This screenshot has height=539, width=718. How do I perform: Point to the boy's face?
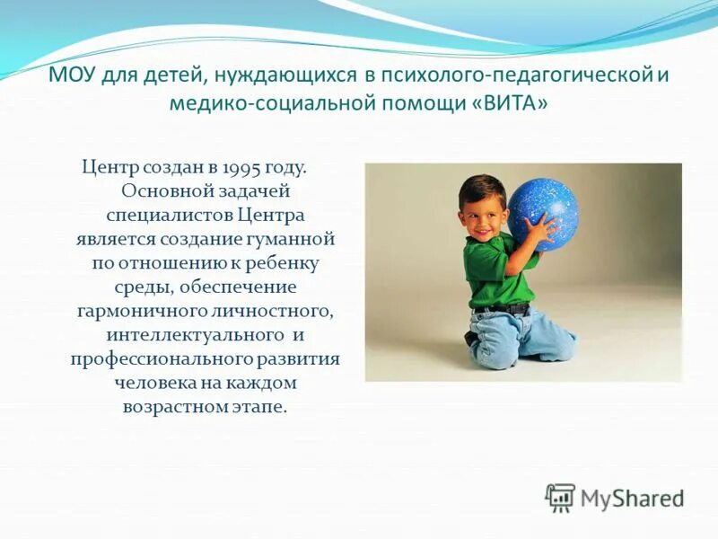click(486, 210)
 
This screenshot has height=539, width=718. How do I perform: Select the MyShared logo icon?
click(560, 497)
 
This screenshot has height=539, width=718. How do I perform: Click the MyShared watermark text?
click(633, 498)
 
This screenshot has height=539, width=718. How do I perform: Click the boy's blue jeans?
click(521, 337)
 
